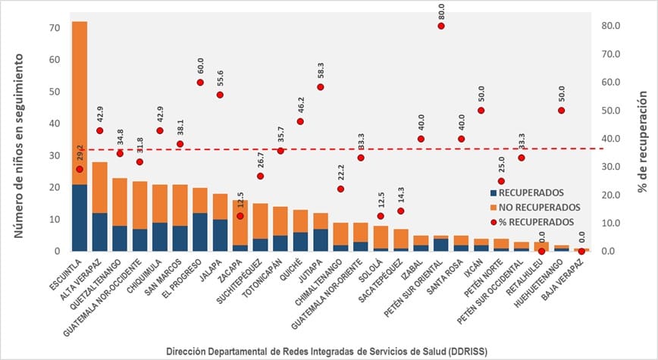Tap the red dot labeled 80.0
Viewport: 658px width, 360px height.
click(x=441, y=26)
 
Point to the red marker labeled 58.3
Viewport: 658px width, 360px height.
click(x=321, y=87)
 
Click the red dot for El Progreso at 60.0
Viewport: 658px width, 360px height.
click(x=200, y=83)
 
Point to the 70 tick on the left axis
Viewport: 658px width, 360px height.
click(x=55, y=27)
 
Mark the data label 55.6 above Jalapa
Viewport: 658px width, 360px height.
click(x=221, y=76)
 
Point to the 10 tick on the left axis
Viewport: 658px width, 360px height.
click(x=55, y=219)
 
